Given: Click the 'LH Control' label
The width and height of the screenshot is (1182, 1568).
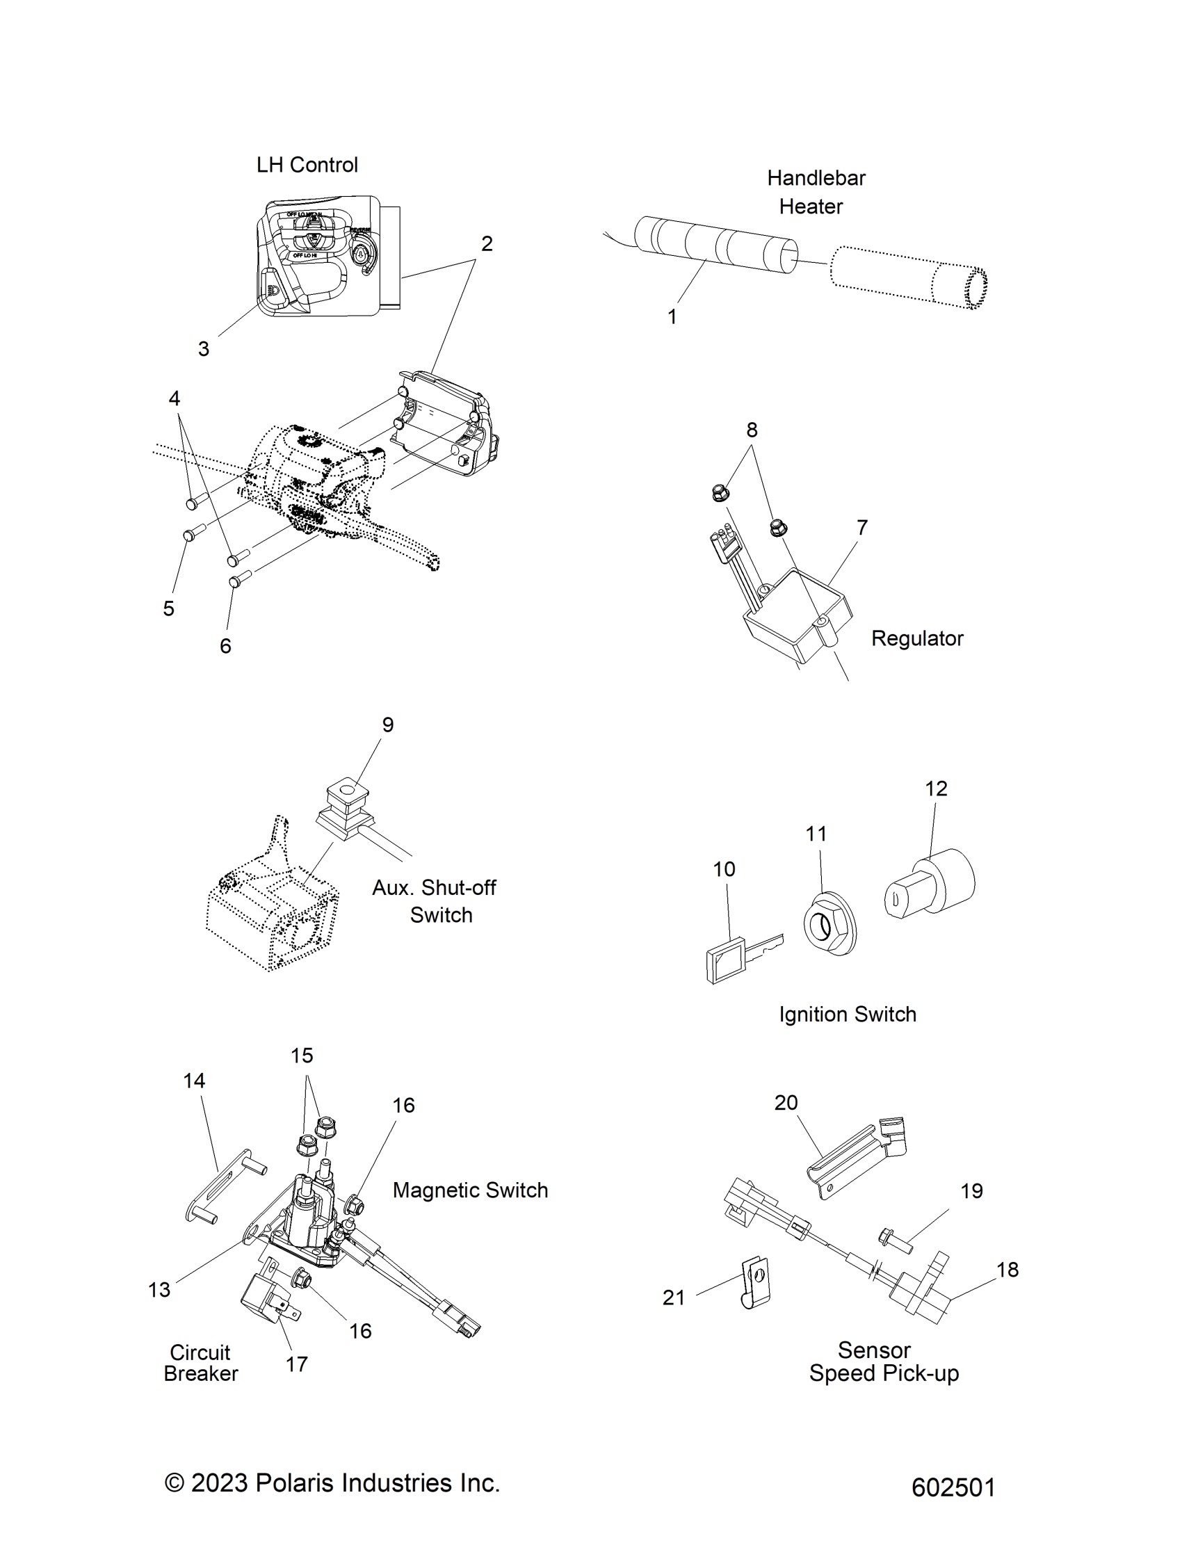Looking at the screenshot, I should coord(307,165).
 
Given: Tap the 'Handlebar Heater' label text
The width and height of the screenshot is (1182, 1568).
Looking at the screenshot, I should coord(815,192).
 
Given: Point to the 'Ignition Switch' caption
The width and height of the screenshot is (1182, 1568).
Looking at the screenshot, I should coord(848,1015).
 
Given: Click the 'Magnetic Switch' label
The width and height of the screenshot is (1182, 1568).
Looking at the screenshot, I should coord(470,1190).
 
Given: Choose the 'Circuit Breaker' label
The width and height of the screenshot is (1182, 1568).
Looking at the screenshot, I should coord(200,1362).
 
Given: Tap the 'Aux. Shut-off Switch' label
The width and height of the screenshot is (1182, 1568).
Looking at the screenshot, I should coord(435,901).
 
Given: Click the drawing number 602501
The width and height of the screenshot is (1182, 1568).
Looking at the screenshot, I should coord(953,1487).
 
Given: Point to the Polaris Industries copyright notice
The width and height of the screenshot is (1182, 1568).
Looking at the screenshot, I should coord(332,1483).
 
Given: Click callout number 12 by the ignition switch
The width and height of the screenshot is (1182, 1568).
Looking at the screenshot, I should coord(935,789).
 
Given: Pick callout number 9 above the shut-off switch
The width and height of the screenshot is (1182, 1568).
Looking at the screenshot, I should coord(387,725).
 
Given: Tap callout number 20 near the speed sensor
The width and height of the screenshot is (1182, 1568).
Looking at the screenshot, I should coord(786,1102).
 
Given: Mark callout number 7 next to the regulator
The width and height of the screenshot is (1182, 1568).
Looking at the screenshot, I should coord(861,527).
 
